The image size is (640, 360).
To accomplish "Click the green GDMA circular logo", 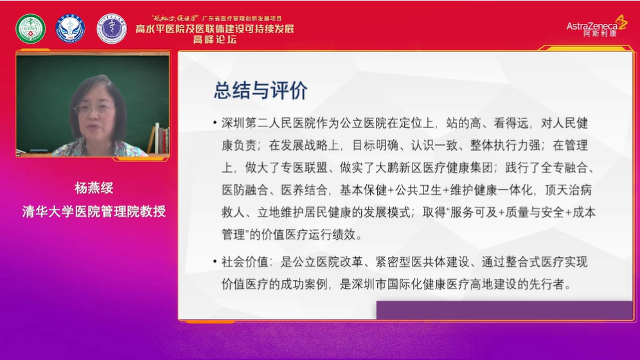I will [30, 28].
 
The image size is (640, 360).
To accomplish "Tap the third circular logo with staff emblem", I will [111, 28].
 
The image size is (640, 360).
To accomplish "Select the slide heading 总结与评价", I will [261, 90].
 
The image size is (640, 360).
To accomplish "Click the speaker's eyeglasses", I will [94, 109].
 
